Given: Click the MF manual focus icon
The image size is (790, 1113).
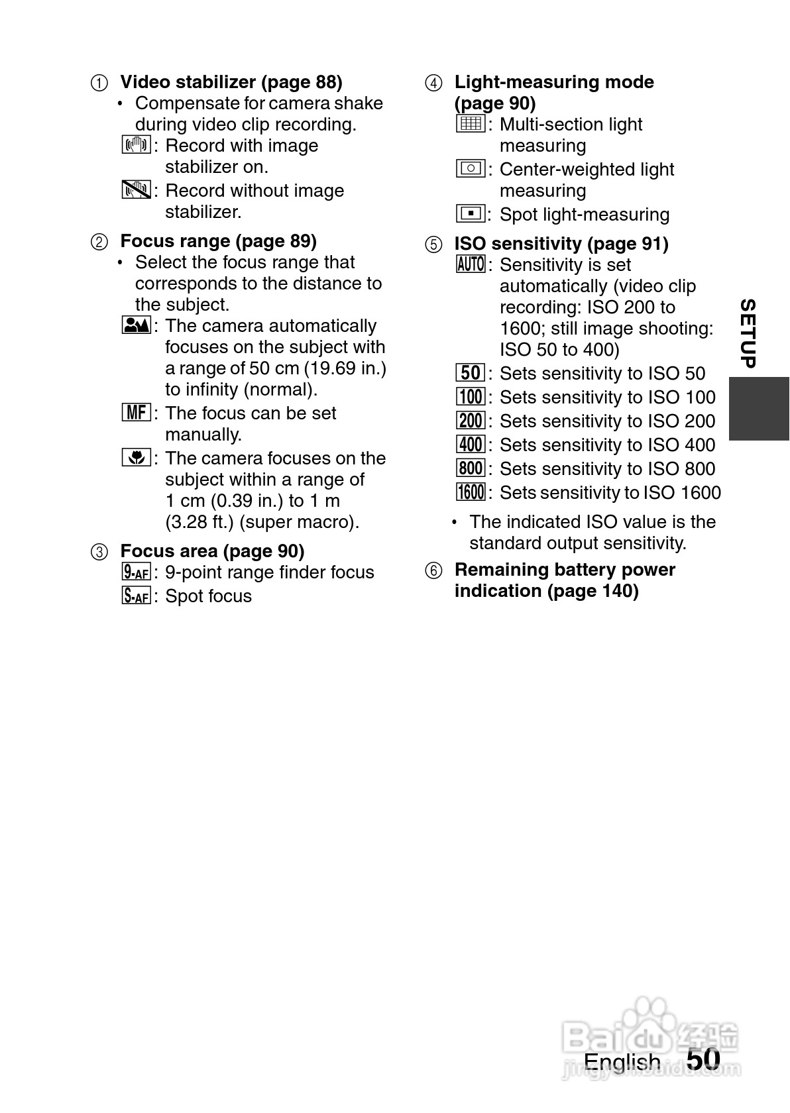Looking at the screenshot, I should pos(137,413).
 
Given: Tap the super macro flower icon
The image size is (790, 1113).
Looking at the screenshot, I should pos(137,457).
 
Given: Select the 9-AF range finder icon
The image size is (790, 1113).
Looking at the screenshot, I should pos(137,572).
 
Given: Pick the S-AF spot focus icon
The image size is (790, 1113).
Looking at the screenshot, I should pos(137,596).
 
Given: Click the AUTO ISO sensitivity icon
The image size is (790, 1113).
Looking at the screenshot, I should pos(471,264).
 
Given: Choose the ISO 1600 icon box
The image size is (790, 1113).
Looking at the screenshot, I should pos(471,492).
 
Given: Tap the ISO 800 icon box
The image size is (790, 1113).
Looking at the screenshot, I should pos(471,468).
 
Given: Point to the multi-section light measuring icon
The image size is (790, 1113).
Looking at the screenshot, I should pos(471,124).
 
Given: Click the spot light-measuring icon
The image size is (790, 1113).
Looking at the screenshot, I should pos(471,213).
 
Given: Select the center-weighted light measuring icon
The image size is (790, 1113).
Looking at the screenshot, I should pos(471,168).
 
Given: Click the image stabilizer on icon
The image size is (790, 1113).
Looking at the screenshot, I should pos(137,144).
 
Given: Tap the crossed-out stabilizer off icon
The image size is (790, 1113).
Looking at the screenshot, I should pos(137,190).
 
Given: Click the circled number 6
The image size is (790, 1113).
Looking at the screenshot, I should pos(433,570).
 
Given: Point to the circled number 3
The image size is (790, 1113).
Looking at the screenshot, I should pos(99,552).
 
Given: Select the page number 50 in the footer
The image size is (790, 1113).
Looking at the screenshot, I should pos(703,1059).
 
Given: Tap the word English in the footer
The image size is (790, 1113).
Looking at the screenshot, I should pos(622,1062).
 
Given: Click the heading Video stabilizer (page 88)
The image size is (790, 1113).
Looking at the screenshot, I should pos(231,82).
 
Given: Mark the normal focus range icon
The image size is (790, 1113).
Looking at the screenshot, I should pos(137,325).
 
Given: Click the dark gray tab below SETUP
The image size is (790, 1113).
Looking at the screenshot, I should pos(759,408).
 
